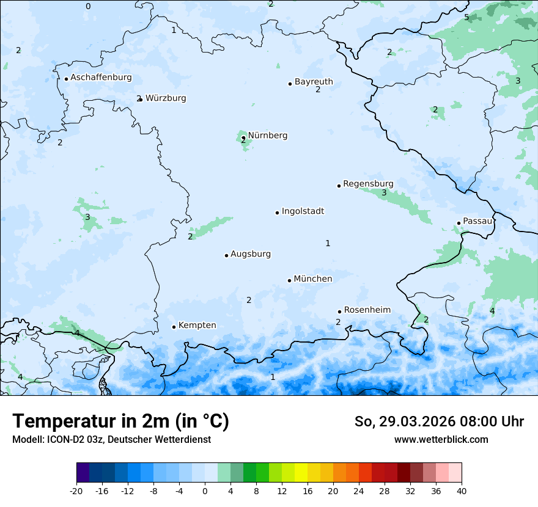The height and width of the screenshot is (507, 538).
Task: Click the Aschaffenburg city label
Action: coord(101,78)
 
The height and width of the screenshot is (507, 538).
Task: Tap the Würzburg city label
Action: coord(166,98)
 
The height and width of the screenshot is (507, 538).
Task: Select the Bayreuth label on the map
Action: coord(314,81)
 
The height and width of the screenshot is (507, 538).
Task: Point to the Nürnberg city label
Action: coord(267,135)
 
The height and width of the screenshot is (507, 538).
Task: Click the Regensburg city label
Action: coord(368,183)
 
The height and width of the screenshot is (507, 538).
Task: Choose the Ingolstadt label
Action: coord(303,211)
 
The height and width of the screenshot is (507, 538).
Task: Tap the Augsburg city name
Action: coord(250,253)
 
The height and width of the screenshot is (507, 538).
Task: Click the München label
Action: coord(312,279)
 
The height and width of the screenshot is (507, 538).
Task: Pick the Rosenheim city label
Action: coord(367,310)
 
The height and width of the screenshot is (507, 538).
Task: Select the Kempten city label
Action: coord(197,325)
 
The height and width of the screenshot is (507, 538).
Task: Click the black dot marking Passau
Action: coord(459,223)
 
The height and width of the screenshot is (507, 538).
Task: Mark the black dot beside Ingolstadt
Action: coord(277,213)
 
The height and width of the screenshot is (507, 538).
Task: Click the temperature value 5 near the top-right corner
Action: coord(466,17)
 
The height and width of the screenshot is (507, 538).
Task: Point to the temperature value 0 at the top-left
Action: coord(88,6)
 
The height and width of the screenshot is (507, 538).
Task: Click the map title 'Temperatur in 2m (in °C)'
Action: coord(120,421)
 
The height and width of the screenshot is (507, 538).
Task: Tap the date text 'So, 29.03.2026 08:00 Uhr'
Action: coord(438,421)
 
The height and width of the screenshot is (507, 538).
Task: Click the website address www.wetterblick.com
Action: coord(441,439)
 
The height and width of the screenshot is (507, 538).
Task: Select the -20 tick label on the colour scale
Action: coord(76,491)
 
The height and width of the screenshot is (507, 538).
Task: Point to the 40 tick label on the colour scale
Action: coord(461,491)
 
